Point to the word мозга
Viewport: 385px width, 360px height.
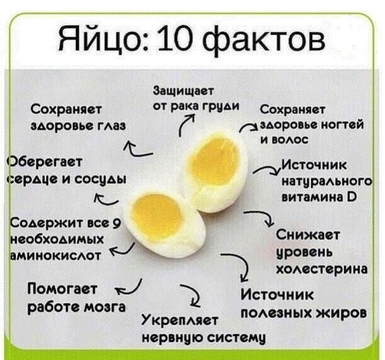coord(106,307)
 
